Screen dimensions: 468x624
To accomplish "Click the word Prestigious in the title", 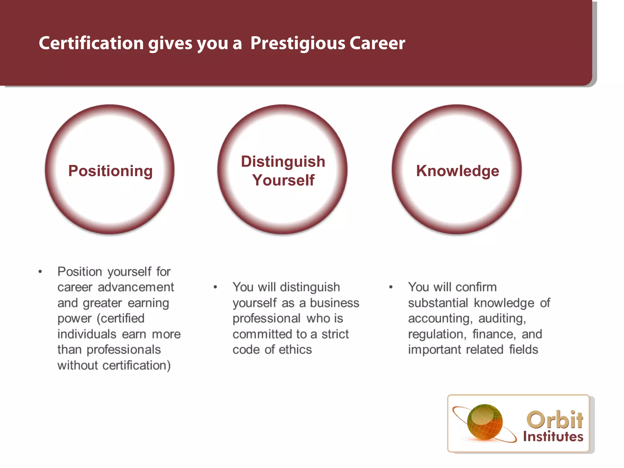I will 298,43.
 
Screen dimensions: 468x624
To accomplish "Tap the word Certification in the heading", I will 91,43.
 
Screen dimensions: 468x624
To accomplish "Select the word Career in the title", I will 377,43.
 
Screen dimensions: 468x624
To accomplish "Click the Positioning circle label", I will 110,171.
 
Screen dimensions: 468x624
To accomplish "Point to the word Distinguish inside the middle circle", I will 283,161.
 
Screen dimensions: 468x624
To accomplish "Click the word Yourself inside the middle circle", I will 283,180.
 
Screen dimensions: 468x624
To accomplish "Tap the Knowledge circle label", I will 458,171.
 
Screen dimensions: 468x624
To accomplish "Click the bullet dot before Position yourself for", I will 40,271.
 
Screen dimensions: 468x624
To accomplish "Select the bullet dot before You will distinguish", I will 215,287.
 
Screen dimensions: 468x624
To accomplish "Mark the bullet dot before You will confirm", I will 391,287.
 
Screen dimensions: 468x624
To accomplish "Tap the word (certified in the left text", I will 120,318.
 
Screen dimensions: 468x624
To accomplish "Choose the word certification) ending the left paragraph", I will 136,365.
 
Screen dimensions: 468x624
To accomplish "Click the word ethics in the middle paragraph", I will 295,349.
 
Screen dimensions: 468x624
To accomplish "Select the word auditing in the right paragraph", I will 502,319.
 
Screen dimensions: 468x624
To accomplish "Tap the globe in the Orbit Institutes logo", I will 485,422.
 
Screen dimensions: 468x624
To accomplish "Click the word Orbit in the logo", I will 555,420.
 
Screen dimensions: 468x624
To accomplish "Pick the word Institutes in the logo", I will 553,437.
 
